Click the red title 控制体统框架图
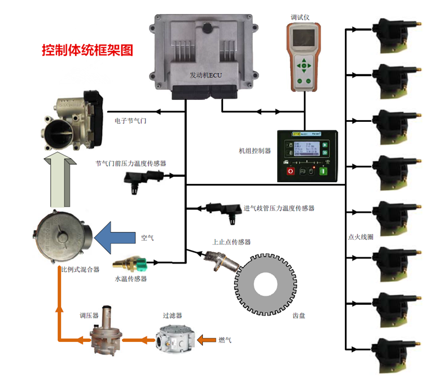point(88,50)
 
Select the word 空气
point(147,238)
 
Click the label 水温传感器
point(130,279)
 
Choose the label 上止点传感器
point(231,242)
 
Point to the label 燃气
point(225,340)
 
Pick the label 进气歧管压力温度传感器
point(279,208)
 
